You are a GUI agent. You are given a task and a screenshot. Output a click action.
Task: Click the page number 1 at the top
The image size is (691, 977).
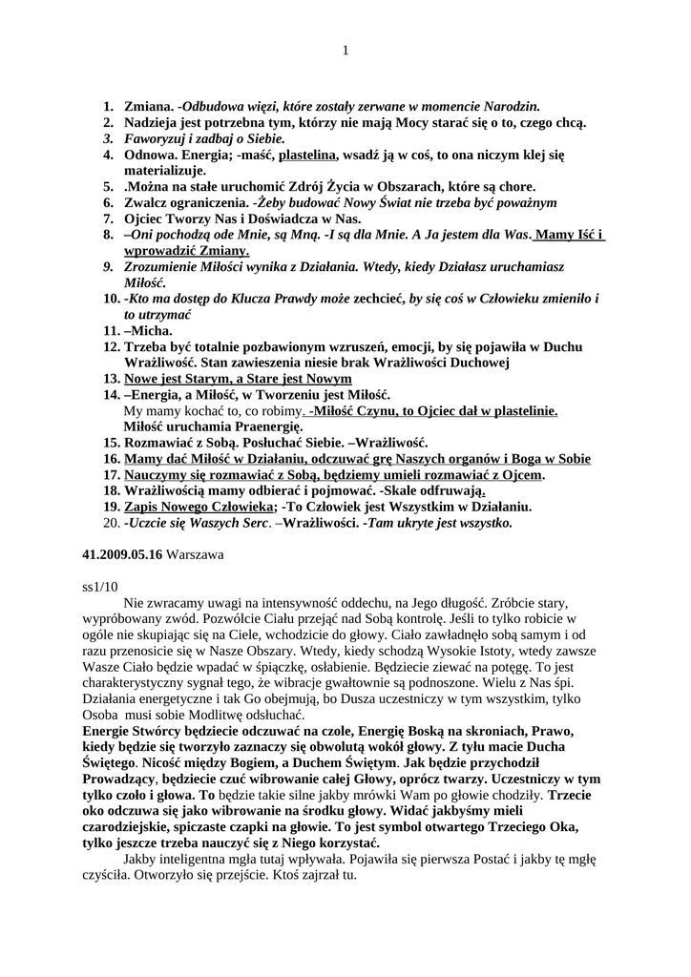tap(345, 51)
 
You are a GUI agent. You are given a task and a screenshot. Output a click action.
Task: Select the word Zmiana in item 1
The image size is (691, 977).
tap(148, 107)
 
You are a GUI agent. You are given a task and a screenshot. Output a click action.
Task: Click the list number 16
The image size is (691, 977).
tap(111, 459)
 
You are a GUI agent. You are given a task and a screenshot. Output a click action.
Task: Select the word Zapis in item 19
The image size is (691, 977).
tap(144, 507)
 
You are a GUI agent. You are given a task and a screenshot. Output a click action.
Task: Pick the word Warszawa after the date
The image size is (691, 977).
tap(196, 554)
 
